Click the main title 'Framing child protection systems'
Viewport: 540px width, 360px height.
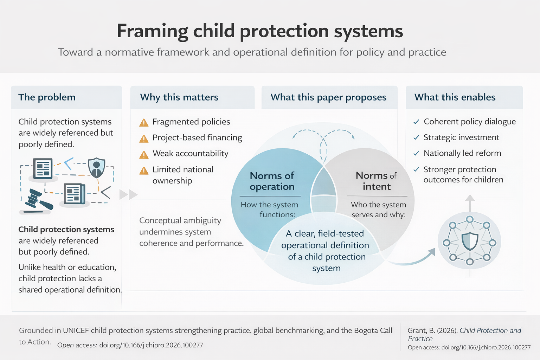[260, 31]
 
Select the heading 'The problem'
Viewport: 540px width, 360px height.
[47, 97]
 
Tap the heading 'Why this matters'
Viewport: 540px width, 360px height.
[179, 97]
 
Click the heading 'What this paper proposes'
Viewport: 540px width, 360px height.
[328, 97]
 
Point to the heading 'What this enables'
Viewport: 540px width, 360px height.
[455, 97]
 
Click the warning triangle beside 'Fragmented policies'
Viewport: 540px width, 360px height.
[144, 123]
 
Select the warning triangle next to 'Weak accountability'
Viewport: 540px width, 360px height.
[144, 155]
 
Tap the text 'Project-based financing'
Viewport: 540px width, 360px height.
[197, 137]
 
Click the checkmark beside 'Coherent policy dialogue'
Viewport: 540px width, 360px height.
[416, 122]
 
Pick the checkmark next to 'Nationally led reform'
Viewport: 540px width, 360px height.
[416, 153]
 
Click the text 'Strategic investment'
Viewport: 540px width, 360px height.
[461, 137]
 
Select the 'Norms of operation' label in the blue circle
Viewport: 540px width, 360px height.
[272, 181]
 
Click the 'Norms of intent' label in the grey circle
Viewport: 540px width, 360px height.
[376, 181]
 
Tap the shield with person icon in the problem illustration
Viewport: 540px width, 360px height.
[96, 167]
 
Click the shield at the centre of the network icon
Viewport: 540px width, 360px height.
[470, 242]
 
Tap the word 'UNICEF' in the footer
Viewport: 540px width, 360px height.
[76, 330]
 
